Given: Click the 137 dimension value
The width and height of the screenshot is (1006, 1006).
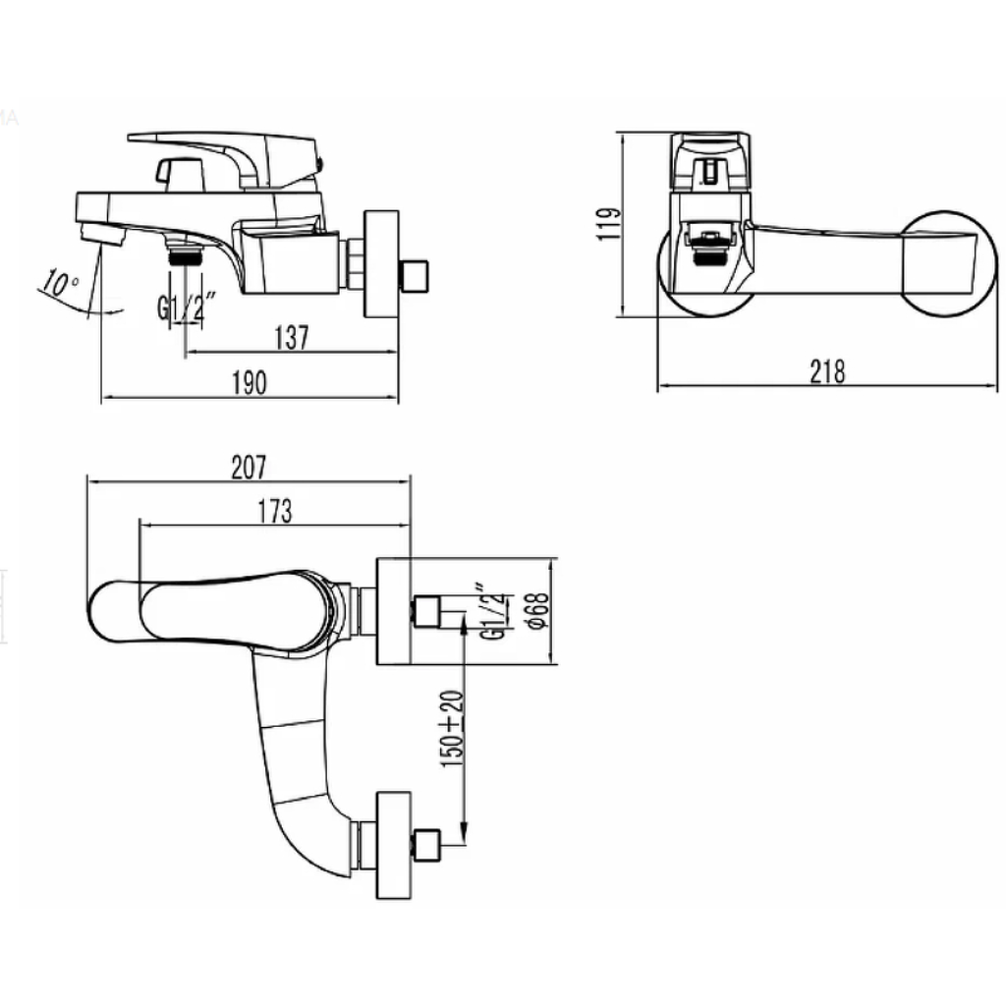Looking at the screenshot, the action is [x=292, y=338].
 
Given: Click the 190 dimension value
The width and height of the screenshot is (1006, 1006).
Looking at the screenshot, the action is [x=249, y=383].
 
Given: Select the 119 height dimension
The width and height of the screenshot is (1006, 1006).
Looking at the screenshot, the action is [x=609, y=223].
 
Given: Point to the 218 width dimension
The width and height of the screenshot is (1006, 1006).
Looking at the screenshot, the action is [x=827, y=371].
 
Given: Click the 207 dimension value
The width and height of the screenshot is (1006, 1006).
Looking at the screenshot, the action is [x=249, y=467].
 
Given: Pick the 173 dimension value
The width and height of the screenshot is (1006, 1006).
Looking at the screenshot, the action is [x=275, y=511].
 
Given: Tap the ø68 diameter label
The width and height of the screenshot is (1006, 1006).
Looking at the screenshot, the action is [x=539, y=611].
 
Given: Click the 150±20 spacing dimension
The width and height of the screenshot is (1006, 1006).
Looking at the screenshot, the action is [x=452, y=729].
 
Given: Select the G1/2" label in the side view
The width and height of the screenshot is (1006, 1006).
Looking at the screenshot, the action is [x=186, y=307].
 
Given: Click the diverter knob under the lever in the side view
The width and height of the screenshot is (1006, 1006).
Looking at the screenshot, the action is [x=179, y=173].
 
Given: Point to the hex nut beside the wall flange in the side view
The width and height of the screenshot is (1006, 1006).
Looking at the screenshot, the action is [x=354, y=263].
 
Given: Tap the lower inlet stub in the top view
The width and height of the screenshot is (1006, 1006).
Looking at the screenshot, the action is [x=426, y=845].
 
